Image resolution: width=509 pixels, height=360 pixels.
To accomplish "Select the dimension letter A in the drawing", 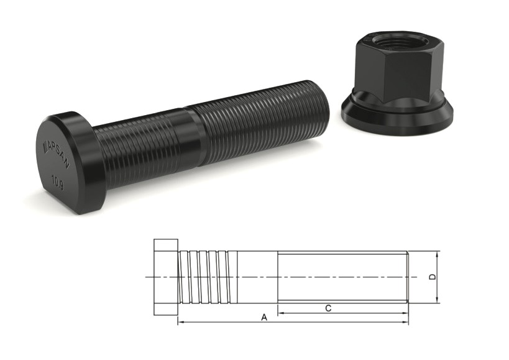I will [x=264, y=317].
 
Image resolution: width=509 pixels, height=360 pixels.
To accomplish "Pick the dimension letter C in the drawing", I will [x=328, y=308].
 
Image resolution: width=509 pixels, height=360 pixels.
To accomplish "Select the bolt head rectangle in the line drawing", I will [x=166, y=277].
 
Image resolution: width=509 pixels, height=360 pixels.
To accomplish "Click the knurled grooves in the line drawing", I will [x=208, y=277].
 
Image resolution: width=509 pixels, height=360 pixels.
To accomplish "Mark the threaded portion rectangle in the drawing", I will [x=342, y=277].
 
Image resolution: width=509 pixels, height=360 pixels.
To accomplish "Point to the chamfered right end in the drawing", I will [x=408, y=277].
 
